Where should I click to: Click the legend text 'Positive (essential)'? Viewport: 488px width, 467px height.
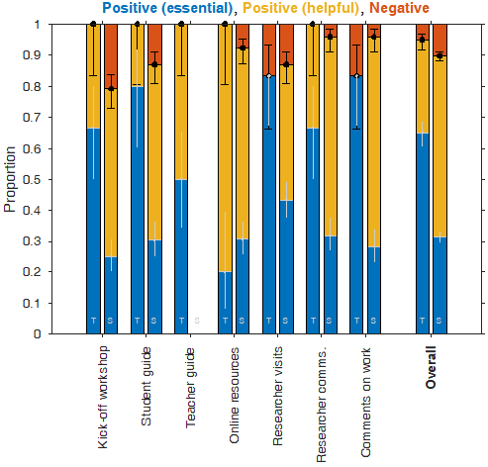tap(164, 8)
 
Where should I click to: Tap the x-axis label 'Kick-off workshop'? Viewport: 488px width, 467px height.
tap(104, 396)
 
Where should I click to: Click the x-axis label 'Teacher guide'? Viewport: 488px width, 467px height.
tap(192, 387)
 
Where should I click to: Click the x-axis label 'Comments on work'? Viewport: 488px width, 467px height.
tap(366, 400)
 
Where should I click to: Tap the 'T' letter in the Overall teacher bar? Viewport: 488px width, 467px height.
tap(423, 320)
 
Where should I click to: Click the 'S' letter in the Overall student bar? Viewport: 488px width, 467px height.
tap(439, 320)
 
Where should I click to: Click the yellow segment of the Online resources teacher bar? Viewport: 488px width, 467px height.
tap(225, 148)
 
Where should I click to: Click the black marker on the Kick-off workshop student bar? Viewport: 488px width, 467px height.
tap(110, 88)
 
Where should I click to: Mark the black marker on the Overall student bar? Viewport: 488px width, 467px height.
tap(439, 55)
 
